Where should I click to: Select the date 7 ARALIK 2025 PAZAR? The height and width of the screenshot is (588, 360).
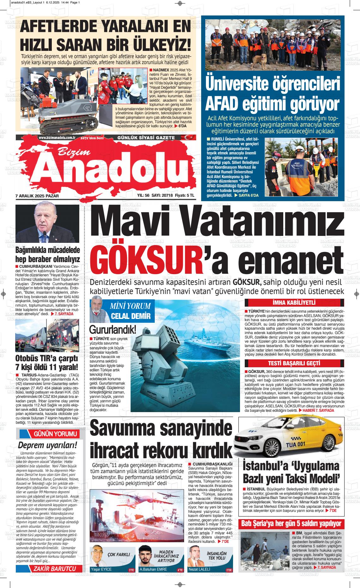coord(37,196)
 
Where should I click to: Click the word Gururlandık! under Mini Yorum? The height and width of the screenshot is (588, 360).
coord(113,330)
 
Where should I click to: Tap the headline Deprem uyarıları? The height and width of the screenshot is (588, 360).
coord(47,445)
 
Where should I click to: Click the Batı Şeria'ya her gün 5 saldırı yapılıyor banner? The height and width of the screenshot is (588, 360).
coord(291,524)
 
